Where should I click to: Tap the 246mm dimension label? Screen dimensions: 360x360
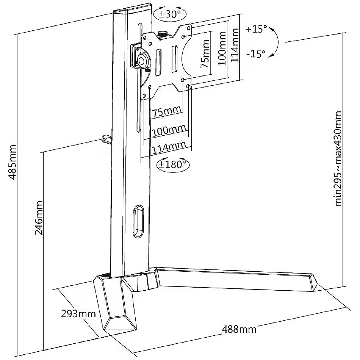click(39, 218)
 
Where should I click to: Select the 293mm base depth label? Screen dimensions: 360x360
click(78, 314)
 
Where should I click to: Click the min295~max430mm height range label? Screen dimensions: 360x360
click(338, 159)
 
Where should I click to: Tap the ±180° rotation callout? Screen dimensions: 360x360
click(173, 164)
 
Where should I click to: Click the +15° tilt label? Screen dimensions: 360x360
click(256, 29)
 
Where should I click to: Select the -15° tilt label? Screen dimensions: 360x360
click(256, 54)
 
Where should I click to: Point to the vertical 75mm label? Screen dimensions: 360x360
click(205, 54)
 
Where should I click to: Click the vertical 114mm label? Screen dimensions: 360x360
click(235, 45)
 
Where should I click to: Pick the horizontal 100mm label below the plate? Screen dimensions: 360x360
click(169, 131)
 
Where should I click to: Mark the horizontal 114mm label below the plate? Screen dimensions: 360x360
click(169, 147)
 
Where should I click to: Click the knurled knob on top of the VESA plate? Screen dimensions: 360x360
click(163, 33)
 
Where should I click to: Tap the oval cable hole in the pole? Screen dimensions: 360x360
click(138, 222)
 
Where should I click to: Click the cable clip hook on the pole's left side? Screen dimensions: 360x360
click(106, 139)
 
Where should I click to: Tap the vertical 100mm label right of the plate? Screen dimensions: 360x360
click(222, 48)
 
